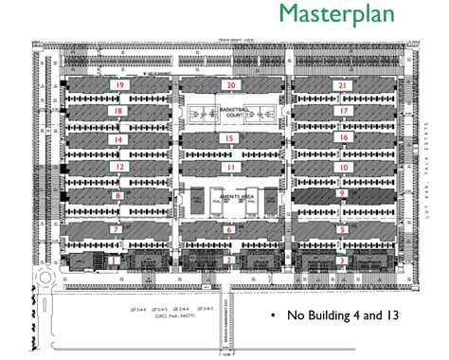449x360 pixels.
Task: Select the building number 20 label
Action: click(x=230, y=85)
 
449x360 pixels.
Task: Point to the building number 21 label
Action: click(x=343, y=85)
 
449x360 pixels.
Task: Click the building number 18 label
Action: click(x=117, y=111)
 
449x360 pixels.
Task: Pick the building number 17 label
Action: click(x=343, y=111)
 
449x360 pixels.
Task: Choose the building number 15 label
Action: click(x=230, y=138)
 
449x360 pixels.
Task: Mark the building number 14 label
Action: click(x=117, y=139)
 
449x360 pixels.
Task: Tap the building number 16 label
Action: click(x=343, y=138)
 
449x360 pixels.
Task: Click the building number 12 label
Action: click(x=117, y=167)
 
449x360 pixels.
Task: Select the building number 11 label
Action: click(x=230, y=167)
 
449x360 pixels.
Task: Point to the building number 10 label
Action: click(x=343, y=167)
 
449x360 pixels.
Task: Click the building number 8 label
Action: click(x=117, y=196)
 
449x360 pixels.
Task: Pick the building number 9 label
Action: click(x=341, y=194)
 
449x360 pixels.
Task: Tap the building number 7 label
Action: click(x=116, y=229)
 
